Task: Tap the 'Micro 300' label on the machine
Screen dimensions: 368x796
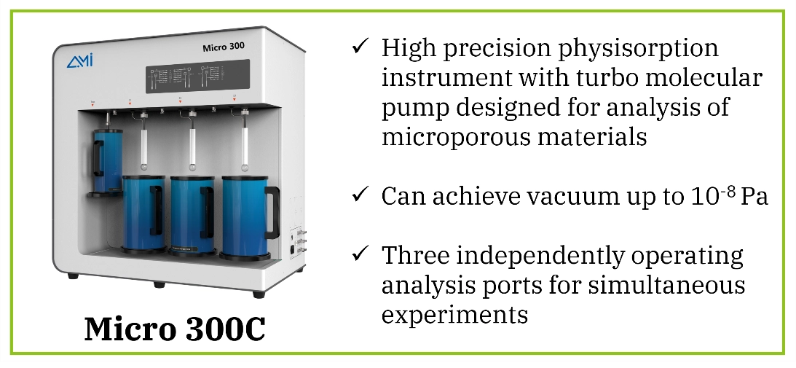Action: coord(223,46)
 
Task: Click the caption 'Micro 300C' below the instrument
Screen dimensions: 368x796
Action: coord(175,329)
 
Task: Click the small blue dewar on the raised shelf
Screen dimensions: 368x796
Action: coord(107,160)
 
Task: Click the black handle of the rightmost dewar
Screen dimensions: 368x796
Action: coord(272,211)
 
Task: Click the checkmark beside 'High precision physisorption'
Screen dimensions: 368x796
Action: coord(360,48)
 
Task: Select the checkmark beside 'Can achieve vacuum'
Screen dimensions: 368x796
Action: coord(360,195)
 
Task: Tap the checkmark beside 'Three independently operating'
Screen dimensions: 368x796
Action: coord(360,255)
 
